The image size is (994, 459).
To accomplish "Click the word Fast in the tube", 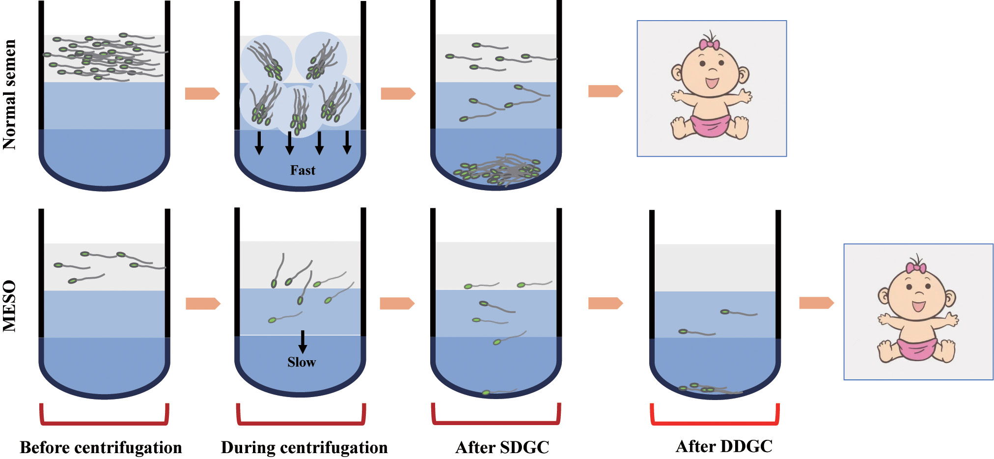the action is (303, 171).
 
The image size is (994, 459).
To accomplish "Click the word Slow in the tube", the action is (302, 362).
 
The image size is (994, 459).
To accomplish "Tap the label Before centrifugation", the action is (101, 448).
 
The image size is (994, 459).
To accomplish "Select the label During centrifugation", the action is (304, 448).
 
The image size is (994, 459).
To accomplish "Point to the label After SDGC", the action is (502, 448).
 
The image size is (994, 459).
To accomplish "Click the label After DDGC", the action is (724, 446).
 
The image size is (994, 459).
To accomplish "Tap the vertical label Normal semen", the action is (10, 94).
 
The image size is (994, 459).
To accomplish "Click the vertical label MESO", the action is (10, 306).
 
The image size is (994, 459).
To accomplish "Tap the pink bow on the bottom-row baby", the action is (916, 268).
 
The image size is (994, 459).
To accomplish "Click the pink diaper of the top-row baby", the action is (710, 125).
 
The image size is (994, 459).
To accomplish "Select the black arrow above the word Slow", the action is (303, 342).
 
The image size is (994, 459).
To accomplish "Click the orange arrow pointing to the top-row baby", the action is (606, 91).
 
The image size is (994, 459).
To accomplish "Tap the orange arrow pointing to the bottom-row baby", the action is (816, 303).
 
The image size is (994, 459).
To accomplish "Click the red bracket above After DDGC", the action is (715, 414).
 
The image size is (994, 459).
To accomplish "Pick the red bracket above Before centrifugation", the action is (104, 414).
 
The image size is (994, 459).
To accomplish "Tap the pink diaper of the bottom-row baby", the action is (917, 348).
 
